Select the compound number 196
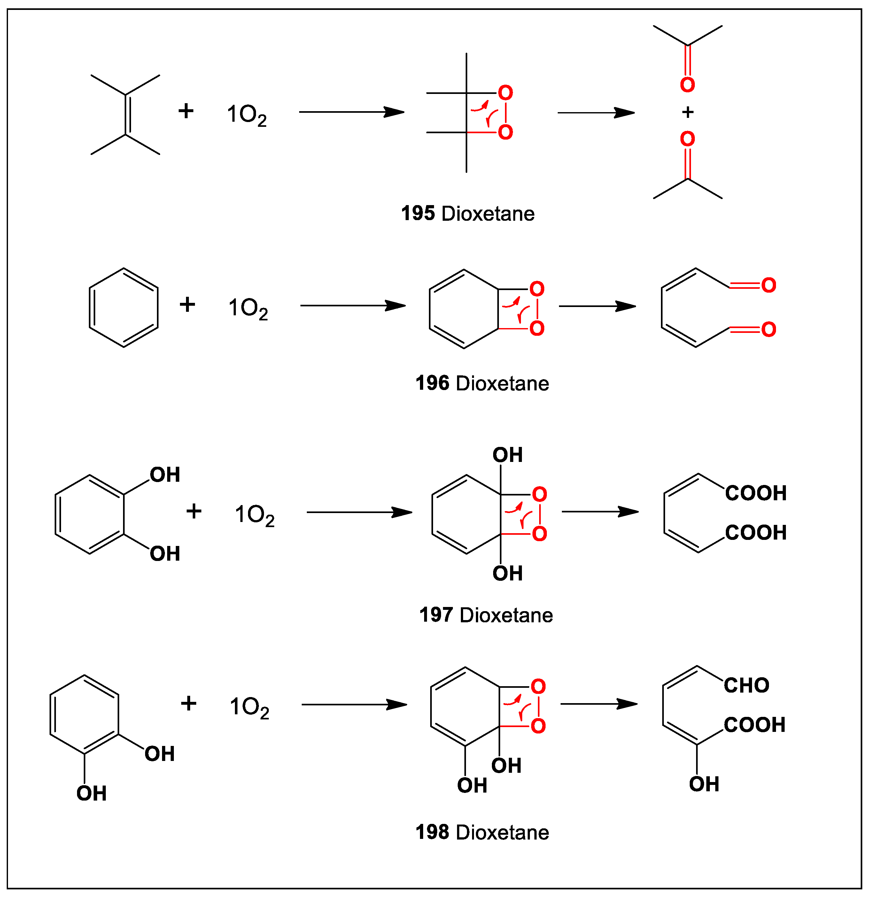point(432,383)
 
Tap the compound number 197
point(436,615)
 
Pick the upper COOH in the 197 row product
point(755,493)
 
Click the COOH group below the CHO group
point(754,725)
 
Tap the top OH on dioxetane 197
point(508,455)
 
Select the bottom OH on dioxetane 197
point(508,573)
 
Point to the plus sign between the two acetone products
point(687,112)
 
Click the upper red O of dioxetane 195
point(505,93)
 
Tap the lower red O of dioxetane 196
point(537,328)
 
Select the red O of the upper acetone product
point(687,85)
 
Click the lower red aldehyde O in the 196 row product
point(769,329)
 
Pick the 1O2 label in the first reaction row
point(247,115)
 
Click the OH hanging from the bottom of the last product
point(704,784)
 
